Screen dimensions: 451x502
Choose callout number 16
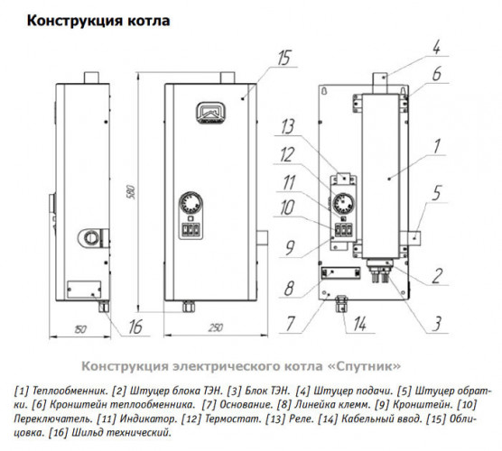pos(135,327)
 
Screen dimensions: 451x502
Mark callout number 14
pos(361,322)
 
